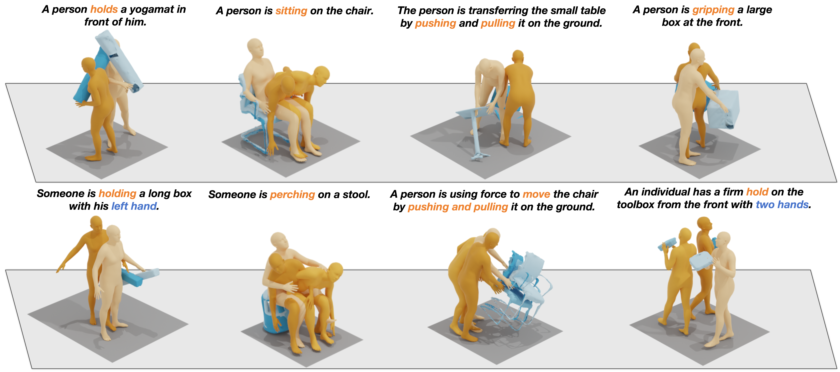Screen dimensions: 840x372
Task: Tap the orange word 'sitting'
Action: point(291,11)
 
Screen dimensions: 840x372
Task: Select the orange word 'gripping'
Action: point(713,10)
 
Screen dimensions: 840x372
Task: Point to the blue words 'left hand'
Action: point(134,206)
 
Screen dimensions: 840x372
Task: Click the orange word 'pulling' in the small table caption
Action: point(498,23)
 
